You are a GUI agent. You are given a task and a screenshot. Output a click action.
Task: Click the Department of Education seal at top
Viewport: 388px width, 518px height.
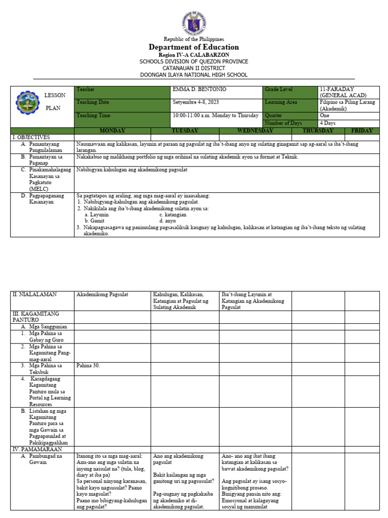(194, 22)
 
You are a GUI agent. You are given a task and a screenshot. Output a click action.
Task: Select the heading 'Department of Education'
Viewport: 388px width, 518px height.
(194, 47)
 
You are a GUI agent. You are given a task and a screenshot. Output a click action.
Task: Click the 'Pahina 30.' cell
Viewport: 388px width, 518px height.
(88, 365)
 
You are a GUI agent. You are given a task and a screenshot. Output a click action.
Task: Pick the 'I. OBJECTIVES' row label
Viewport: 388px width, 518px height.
(31, 137)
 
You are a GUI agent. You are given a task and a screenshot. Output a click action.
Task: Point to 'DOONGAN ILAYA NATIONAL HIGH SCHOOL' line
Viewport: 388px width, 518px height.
(194, 75)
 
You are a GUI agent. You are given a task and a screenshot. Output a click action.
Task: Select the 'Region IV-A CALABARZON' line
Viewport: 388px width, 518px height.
(194, 55)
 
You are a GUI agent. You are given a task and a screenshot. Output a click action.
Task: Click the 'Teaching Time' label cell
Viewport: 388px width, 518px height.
(92, 115)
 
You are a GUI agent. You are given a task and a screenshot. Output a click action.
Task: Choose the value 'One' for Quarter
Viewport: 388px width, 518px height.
(324, 115)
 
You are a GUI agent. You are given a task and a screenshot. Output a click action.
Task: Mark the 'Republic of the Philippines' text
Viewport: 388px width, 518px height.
(194, 39)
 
